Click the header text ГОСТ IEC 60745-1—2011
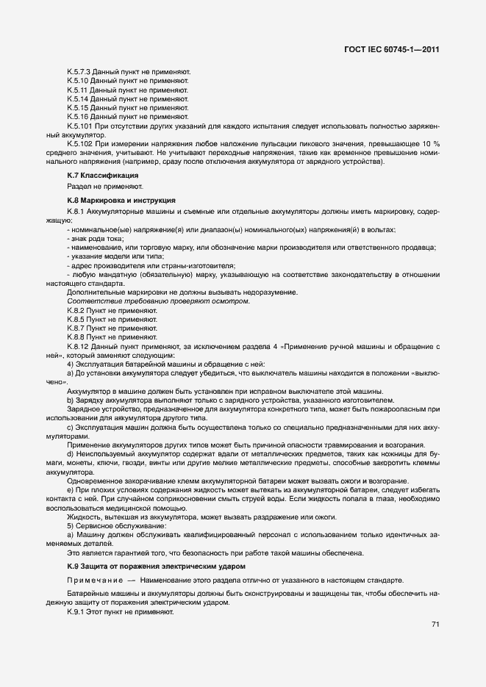tap(392, 50)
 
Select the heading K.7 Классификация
tap(102, 176)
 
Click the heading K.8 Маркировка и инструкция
tap(121, 200)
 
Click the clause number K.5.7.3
tap(79, 71)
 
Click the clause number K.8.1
tap(76, 212)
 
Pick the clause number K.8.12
tap(79, 345)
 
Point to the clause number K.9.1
tap(76, 611)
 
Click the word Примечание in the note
tap(93, 580)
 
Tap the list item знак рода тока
tap(95, 239)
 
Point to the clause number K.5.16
tap(78, 116)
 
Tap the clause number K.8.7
tap(76, 328)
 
